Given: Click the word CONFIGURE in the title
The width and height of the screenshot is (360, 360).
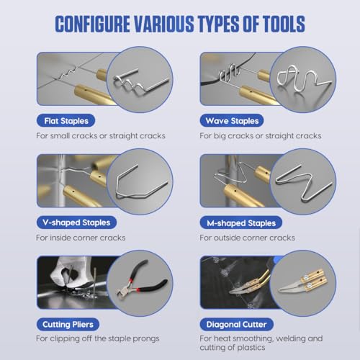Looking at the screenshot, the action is coord(93,24).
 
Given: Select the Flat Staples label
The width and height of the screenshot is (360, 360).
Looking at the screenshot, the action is coord(66,121).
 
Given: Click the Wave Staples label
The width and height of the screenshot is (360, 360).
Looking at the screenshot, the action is coord(232,121).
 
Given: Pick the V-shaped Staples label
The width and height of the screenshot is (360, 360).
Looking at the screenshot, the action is coord(76,222).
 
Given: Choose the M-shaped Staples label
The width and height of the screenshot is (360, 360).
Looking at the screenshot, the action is coord(241,222).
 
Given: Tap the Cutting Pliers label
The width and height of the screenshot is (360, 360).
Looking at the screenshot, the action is coord(68,325).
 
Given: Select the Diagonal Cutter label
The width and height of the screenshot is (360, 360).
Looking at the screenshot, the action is coord(236,325).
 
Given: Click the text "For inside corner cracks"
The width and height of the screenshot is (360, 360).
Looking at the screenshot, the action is coord(81,238).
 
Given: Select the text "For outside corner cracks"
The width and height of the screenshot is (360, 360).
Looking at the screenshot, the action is coord(247,238).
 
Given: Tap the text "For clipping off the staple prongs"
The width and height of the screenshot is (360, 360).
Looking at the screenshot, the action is coord(98,338).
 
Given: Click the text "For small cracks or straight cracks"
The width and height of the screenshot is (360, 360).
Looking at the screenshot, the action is coord(101,136).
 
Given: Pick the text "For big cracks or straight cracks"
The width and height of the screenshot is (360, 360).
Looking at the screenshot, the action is coord(261,136).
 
